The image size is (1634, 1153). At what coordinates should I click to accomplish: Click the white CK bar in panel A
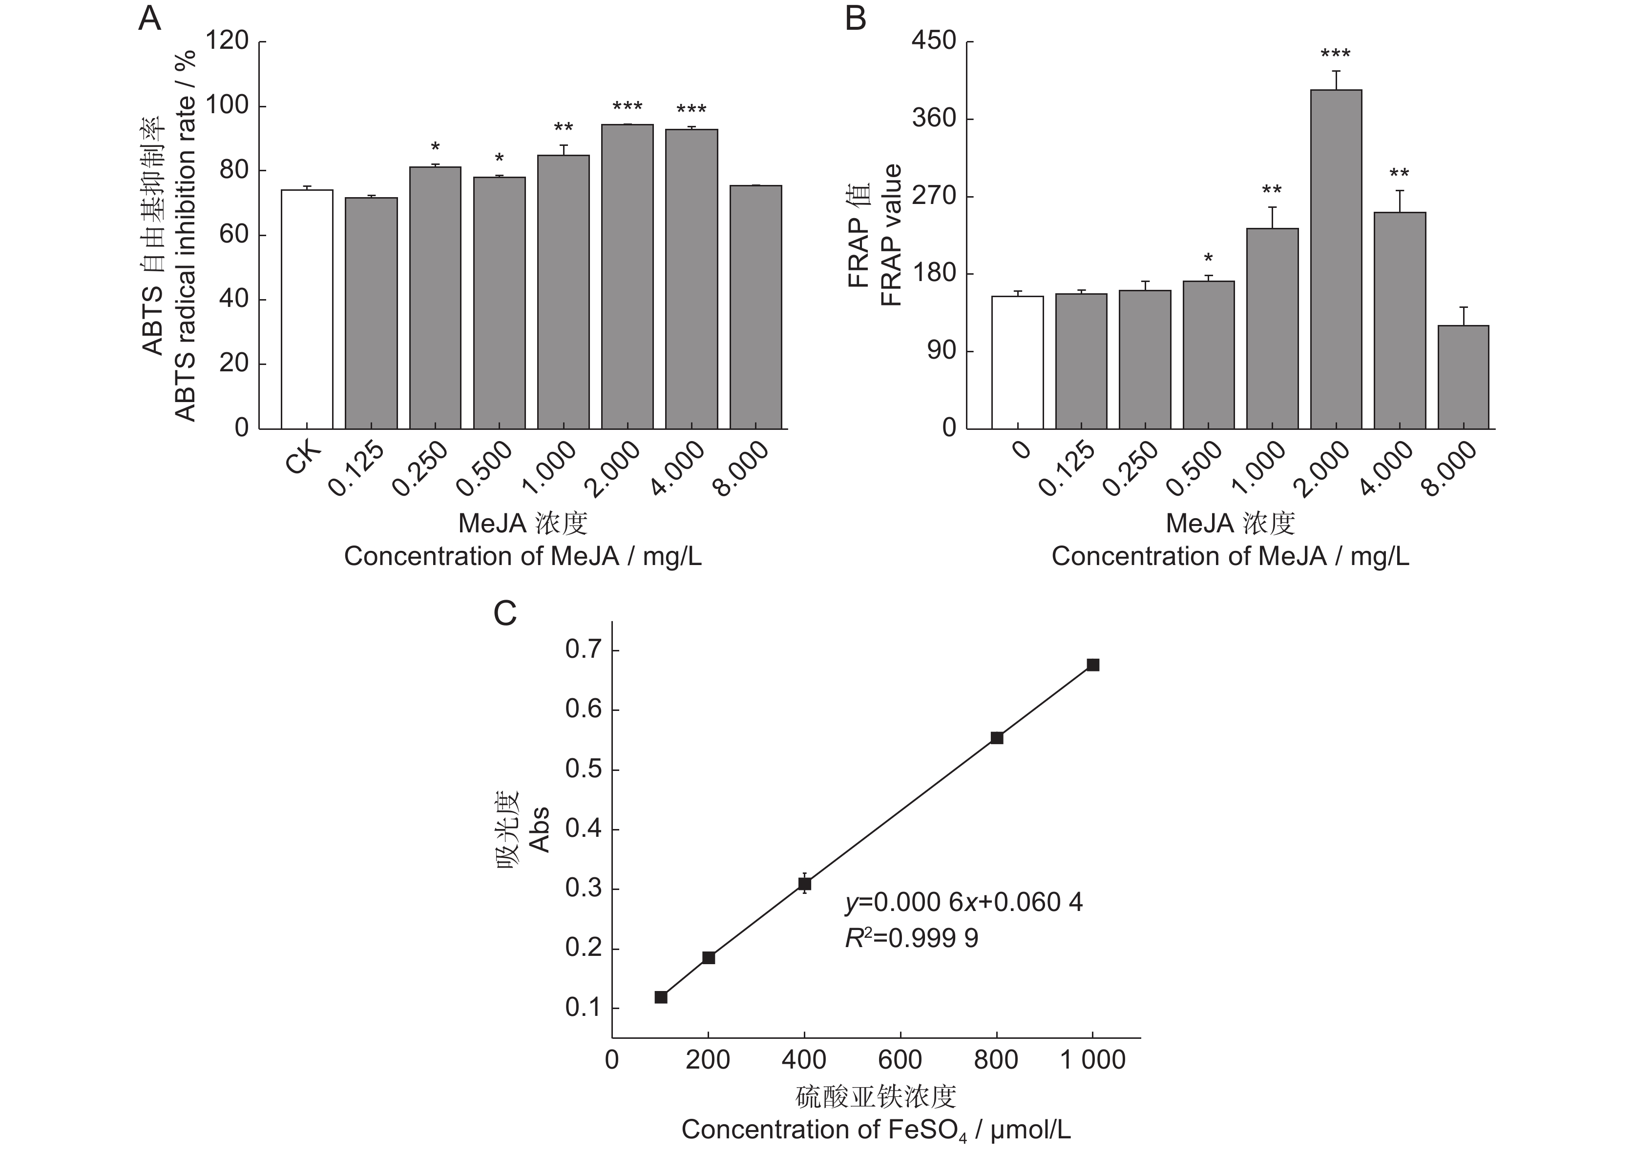[307, 309]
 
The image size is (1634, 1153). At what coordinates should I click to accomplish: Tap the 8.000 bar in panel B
[1463, 377]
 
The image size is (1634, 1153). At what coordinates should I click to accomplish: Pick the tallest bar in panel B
[1336, 260]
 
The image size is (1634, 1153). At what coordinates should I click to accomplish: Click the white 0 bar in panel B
[1017, 362]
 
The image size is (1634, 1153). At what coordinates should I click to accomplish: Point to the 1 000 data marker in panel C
[1092, 665]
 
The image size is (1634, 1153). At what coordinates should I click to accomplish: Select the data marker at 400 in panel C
[804, 884]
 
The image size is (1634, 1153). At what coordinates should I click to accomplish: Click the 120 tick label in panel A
[227, 41]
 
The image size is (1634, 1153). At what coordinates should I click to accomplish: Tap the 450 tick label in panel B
[934, 41]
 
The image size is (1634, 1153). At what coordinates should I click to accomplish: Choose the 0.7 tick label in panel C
[582, 650]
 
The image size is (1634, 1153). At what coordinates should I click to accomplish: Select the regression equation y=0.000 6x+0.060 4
[964, 903]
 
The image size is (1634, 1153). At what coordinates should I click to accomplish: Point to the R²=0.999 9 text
[911, 939]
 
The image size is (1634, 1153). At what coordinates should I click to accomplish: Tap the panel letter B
[856, 19]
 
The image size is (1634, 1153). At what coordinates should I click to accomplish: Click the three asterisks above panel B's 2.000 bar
[1335, 55]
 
